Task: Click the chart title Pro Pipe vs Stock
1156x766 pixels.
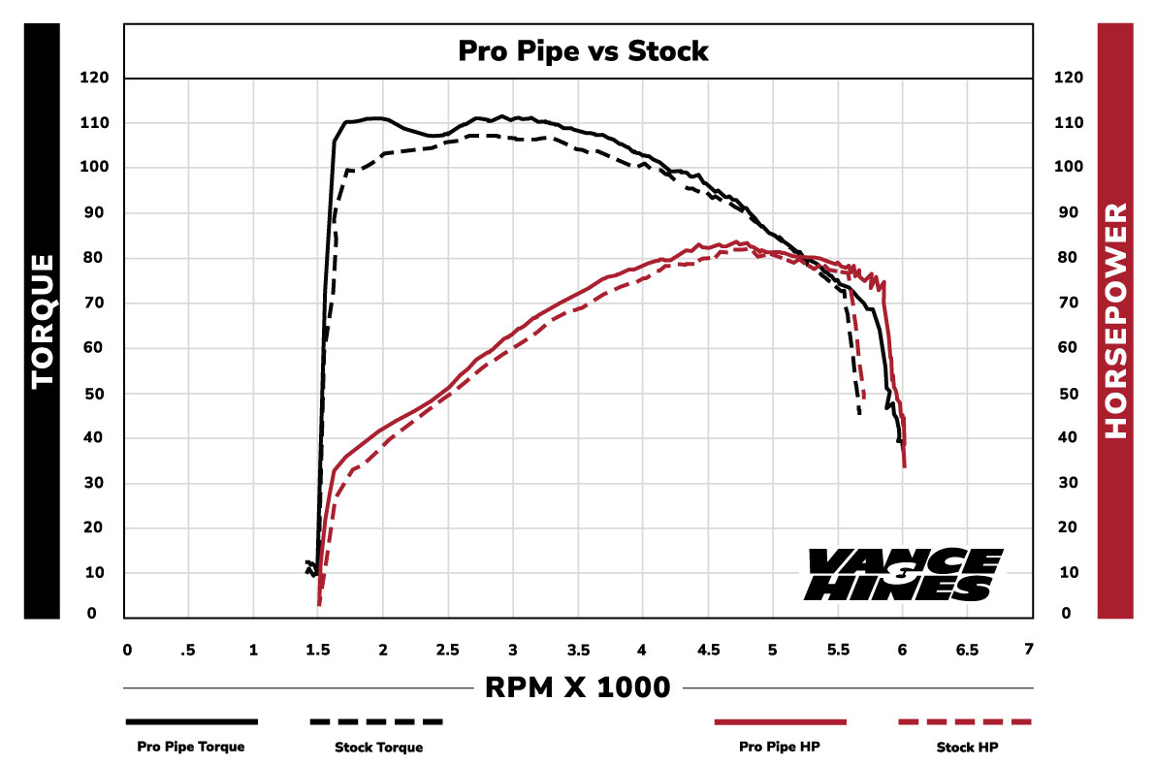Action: click(583, 51)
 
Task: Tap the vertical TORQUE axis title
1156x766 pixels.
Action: click(43, 321)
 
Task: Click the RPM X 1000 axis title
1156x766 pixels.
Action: click(577, 687)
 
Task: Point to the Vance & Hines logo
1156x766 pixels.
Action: click(901, 574)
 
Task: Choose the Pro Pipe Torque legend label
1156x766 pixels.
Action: click(190, 747)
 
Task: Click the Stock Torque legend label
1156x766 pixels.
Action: click(378, 747)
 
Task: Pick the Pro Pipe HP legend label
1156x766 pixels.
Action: click(779, 747)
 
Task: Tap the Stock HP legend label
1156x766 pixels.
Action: click(967, 747)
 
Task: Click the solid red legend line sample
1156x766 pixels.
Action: click(780, 722)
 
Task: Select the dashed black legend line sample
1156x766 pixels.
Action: click(376, 722)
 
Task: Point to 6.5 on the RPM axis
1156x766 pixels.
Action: click(967, 649)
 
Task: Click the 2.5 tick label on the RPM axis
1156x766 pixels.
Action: click(448, 649)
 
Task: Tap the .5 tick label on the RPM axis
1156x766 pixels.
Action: click(189, 649)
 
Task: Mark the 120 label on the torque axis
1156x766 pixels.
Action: click(97, 78)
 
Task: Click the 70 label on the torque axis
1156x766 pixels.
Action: click(100, 303)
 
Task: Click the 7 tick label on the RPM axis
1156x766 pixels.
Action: click(1029, 649)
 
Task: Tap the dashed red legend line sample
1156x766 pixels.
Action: click(966, 722)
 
